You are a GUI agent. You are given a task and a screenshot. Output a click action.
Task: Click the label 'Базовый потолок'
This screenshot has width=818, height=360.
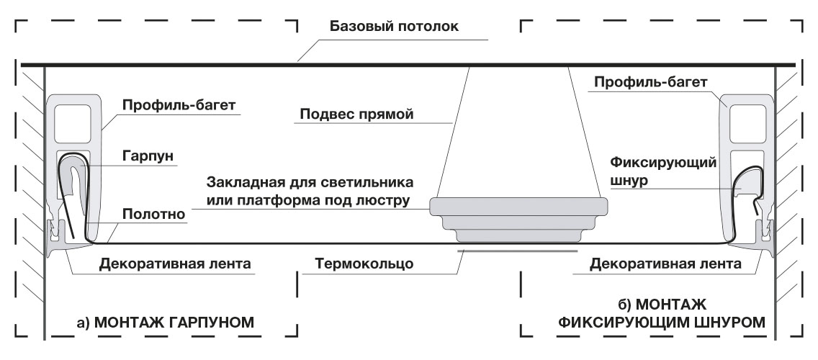coord(394,26)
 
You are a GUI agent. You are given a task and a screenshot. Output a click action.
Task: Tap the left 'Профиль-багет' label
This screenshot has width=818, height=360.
coord(179,105)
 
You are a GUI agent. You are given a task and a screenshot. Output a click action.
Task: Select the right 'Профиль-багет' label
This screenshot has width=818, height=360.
coord(650,82)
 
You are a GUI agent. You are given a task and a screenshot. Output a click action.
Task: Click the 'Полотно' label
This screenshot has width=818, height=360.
coord(154,214)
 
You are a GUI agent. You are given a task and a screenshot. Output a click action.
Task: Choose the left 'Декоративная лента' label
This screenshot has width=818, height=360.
coord(175,264)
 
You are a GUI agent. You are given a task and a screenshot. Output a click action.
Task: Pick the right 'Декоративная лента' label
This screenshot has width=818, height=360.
coord(665,264)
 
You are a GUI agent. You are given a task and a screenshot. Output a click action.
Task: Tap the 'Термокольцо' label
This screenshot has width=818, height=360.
coord(364,264)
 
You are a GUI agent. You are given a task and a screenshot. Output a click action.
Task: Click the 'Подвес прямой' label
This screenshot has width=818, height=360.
coord(356,114)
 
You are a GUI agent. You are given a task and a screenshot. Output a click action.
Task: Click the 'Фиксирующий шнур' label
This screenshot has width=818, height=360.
coord(663,171)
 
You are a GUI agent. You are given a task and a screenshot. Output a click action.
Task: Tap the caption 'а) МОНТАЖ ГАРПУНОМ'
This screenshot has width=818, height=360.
coord(166,323)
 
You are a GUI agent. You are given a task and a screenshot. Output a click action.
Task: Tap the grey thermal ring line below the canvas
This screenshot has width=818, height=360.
coord(518,251)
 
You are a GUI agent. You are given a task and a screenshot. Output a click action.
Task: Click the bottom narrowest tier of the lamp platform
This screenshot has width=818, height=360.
coord(518,236)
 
